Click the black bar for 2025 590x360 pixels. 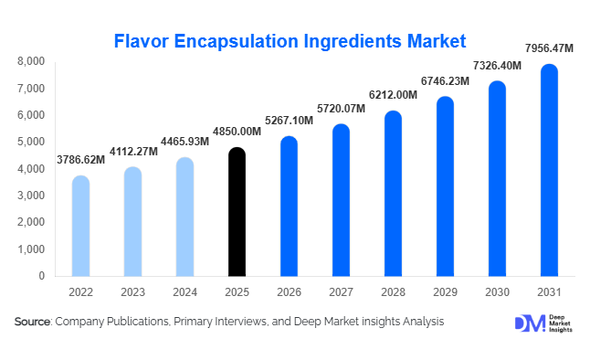[x=237, y=212]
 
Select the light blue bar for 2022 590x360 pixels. [x=80, y=226]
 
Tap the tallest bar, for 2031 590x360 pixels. [x=549, y=170]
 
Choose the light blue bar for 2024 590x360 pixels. [x=184, y=217]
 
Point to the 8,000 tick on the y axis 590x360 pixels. [x=30, y=61]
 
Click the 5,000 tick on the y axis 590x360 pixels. [x=30, y=142]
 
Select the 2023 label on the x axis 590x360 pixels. [x=132, y=292]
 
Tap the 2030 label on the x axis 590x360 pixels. [x=497, y=292]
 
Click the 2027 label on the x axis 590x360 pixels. [x=341, y=292]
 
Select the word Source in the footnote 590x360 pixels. [x=33, y=322]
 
